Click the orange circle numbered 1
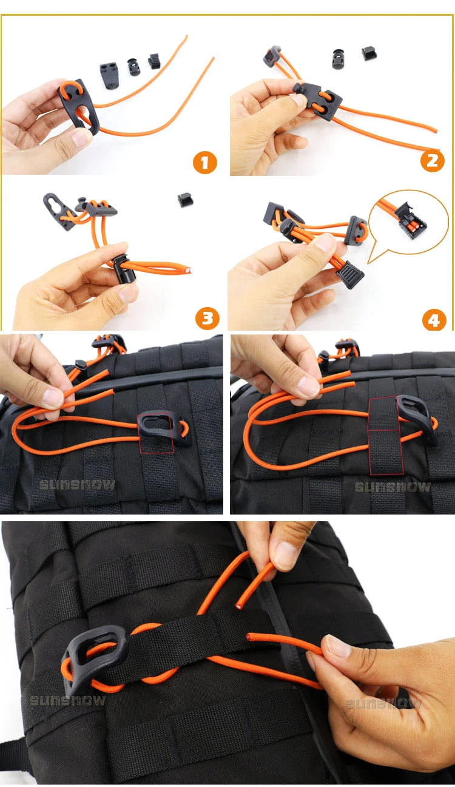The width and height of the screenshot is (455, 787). click(205, 162)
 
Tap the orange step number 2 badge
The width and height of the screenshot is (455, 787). click(432, 161)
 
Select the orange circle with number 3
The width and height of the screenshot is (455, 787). click(207, 318)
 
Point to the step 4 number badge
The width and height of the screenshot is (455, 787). click(434, 319)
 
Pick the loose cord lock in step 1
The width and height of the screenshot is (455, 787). click(133, 67)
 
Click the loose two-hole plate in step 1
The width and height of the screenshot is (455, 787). click(109, 75)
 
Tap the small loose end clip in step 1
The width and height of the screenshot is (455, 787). click(154, 61)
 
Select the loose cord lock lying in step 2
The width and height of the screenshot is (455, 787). click(338, 59)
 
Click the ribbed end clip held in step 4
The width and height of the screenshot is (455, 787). click(350, 274)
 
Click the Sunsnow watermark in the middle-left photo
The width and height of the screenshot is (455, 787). click(77, 485)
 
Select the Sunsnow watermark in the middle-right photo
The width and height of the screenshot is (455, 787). click(393, 487)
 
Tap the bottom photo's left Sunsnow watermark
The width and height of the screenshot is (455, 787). click(67, 701)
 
